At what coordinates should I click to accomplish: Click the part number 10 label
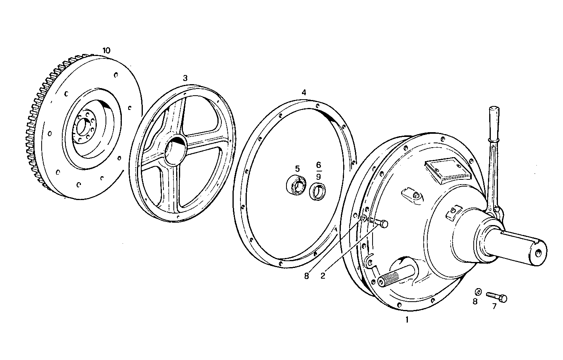coord(106,50)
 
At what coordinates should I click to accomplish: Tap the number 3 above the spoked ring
coord(185,78)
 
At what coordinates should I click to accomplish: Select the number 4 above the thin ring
coord(304,92)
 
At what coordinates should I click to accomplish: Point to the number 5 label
coord(298,169)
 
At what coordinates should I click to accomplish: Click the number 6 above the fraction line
coord(319,164)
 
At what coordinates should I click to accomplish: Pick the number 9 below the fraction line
coord(319,175)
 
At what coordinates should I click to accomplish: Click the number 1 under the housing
coord(406,319)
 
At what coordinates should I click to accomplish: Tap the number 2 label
coord(323,275)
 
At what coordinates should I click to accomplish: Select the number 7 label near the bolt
coord(494,306)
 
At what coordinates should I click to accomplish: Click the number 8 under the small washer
coord(475,301)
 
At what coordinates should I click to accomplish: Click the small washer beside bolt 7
coord(478,292)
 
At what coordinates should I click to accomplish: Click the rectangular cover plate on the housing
coord(447,170)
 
